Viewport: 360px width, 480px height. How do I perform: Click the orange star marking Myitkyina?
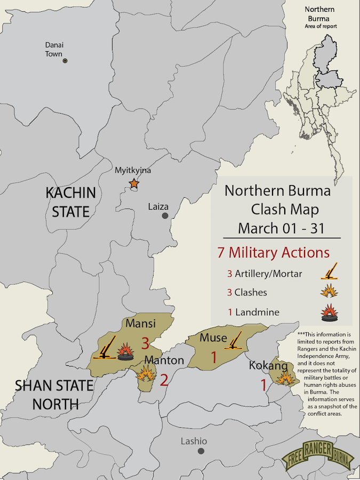133,184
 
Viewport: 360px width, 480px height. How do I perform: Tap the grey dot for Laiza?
165,215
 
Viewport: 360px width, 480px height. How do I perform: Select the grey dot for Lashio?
201,451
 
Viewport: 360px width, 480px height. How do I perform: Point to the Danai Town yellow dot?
65,61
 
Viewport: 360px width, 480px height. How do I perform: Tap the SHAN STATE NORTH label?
47,394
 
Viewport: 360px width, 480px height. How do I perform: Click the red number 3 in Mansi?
145,342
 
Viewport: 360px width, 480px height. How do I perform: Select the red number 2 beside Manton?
164,380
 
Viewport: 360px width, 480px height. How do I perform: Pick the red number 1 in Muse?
214,357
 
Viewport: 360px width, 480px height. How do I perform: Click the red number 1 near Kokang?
263,385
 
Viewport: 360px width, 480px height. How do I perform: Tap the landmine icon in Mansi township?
126,353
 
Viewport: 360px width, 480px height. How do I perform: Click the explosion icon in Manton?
146,373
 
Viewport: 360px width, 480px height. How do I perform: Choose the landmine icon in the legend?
330,312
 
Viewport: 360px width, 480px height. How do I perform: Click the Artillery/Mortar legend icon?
331,272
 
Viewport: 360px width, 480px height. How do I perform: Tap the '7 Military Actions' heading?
273,252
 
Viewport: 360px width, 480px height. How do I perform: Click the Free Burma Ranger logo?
318,455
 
